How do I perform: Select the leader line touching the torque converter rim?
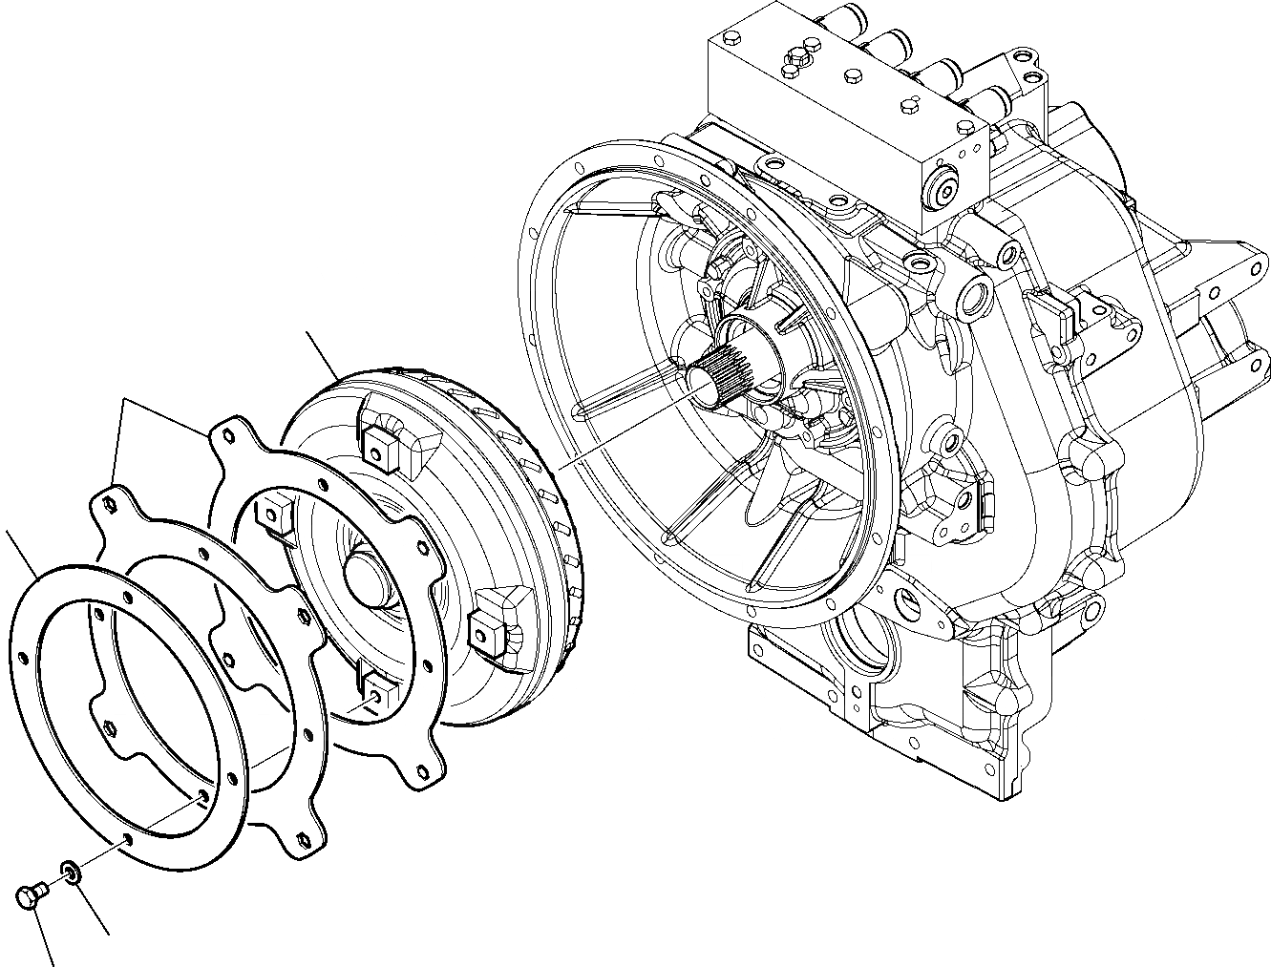[323, 354]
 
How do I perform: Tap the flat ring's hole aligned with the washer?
[127, 841]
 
